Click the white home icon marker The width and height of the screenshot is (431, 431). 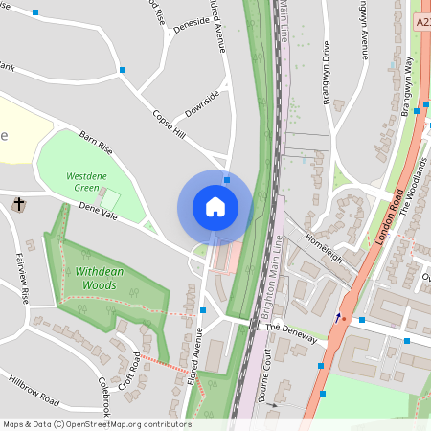(x=215, y=207)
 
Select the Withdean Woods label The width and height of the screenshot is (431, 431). (x=100, y=278)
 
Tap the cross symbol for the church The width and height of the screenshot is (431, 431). (x=19, y=204)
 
